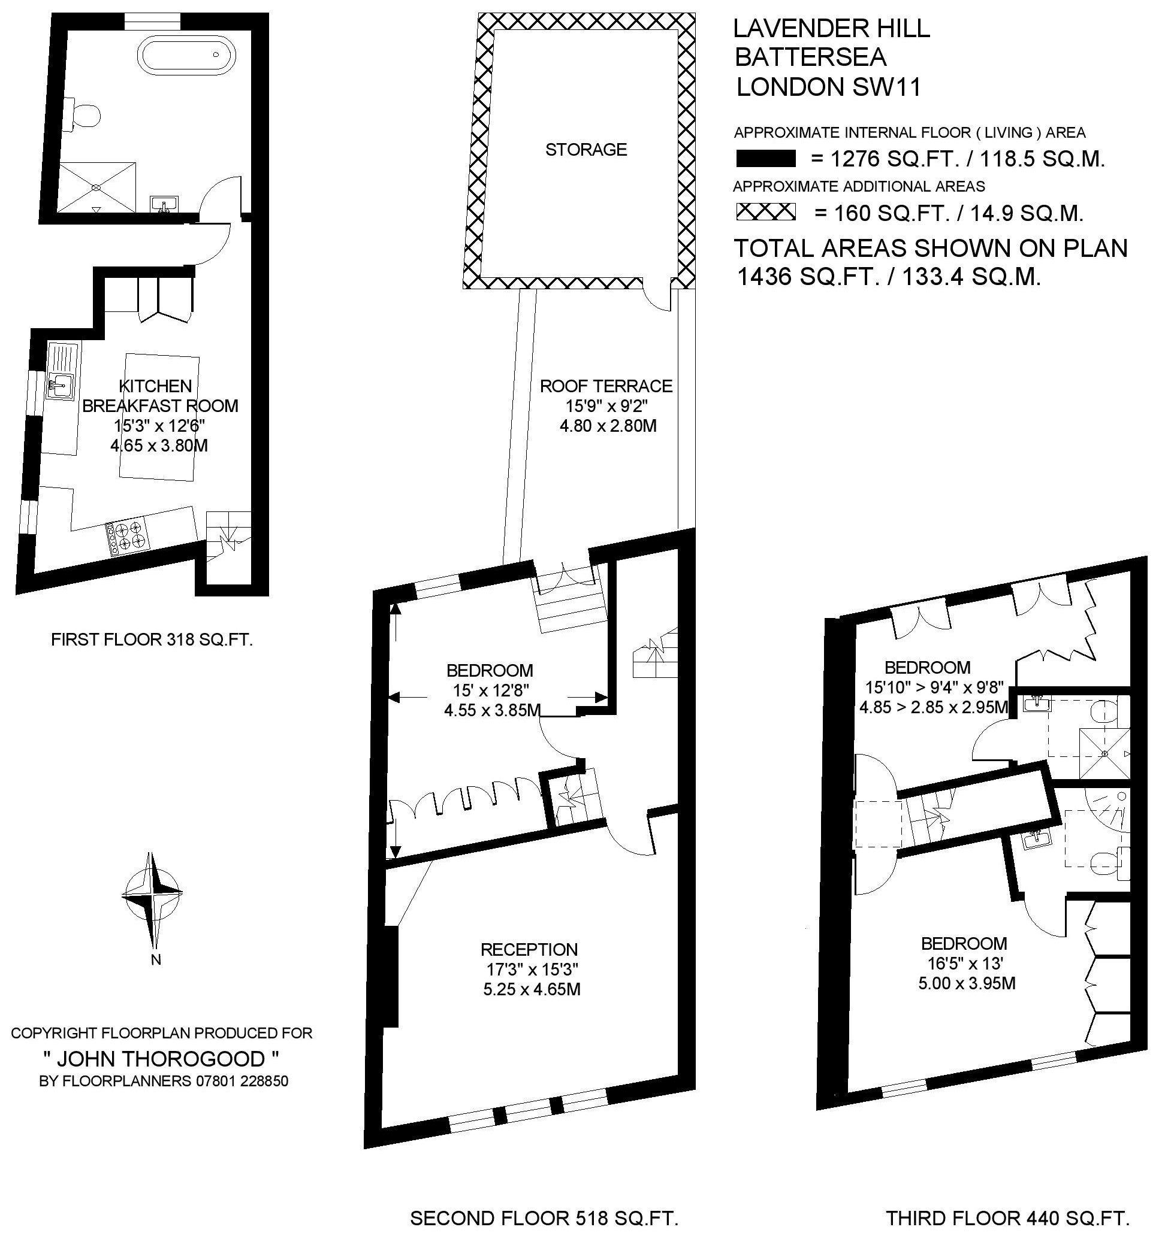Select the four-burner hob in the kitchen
point(128,538)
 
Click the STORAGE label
point(586,150)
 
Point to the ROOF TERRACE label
point(606,386)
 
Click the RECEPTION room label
point(529,950)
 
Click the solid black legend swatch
point(766,159)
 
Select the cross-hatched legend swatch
point(766,212)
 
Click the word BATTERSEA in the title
point(810,57)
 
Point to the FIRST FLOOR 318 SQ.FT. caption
point(152,640)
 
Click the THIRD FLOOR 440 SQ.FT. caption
point(1007,1218)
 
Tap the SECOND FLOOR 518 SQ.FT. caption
point(544,1218)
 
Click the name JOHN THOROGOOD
point(161,1059)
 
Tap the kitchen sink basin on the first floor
point(60,384)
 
